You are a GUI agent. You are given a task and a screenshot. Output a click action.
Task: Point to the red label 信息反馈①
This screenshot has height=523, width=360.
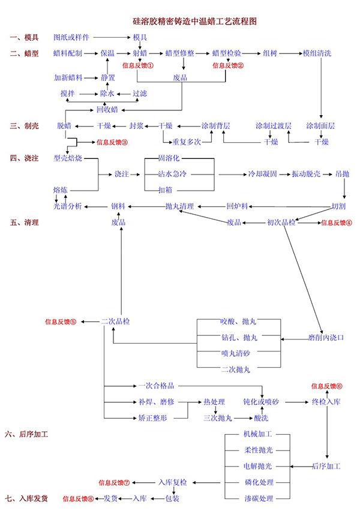[137, 65]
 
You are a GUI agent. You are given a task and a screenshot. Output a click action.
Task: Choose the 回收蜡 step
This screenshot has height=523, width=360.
[107, 109]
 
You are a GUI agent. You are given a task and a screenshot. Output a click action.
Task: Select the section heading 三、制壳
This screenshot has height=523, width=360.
[24, 126]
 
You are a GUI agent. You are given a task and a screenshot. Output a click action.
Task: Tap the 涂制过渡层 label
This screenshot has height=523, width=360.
[273, 126]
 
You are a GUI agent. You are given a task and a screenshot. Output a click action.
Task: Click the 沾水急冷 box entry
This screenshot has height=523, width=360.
[172, 175]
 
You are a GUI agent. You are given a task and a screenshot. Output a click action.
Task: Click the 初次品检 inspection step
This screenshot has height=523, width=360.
[281, 223]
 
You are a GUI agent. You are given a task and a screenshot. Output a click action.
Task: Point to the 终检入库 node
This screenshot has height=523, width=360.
[326, 401]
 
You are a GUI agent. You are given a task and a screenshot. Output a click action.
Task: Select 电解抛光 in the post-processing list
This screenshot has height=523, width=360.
[257, 466]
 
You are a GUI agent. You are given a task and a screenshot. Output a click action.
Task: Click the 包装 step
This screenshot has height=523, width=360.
[172, 498]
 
